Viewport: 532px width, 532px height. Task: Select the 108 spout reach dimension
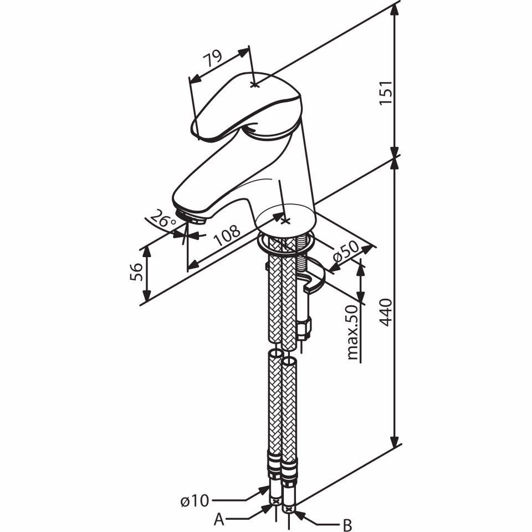point(227,236)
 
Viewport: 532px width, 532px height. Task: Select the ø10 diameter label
point(194,502)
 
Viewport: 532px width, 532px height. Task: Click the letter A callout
point(219,519)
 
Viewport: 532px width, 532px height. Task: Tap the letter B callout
point(347,524)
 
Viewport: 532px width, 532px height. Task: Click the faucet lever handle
point(244,105)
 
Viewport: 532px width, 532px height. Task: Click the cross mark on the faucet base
point(285,221)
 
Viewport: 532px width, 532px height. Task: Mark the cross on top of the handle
point(254,84)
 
